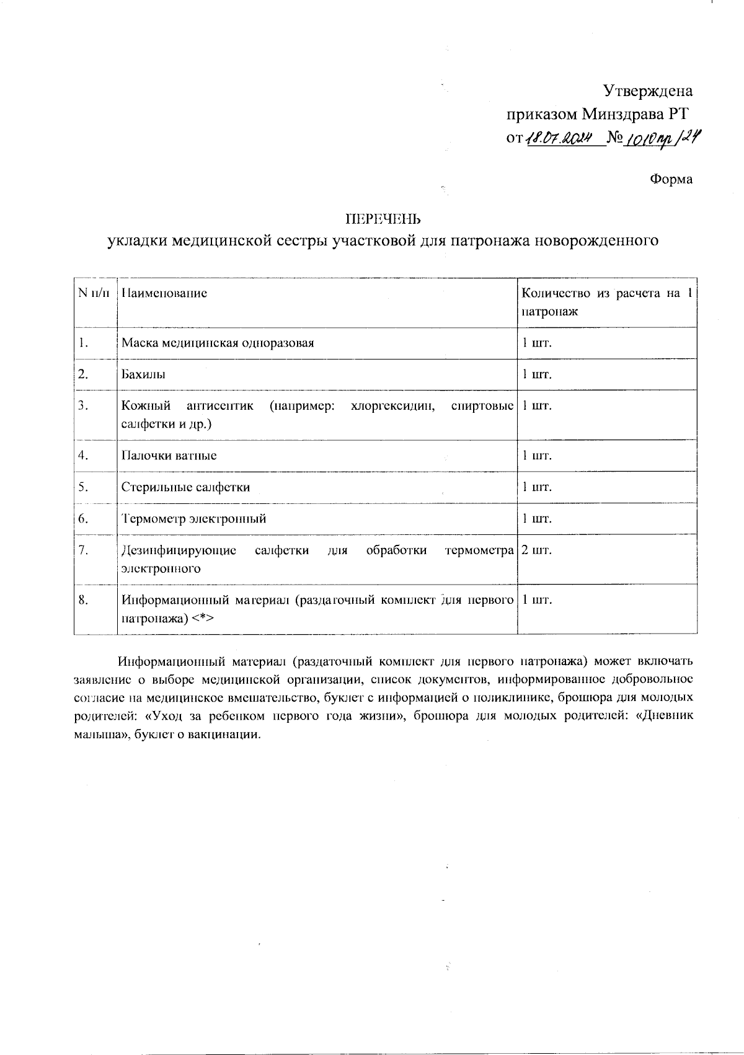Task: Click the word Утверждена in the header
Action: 648,92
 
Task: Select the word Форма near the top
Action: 671,180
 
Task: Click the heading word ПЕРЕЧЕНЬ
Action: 383,218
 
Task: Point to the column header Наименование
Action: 164,293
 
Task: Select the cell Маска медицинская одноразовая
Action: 218,343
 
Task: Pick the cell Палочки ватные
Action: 169,456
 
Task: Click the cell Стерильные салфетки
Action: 185,487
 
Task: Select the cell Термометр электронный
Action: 193,519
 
